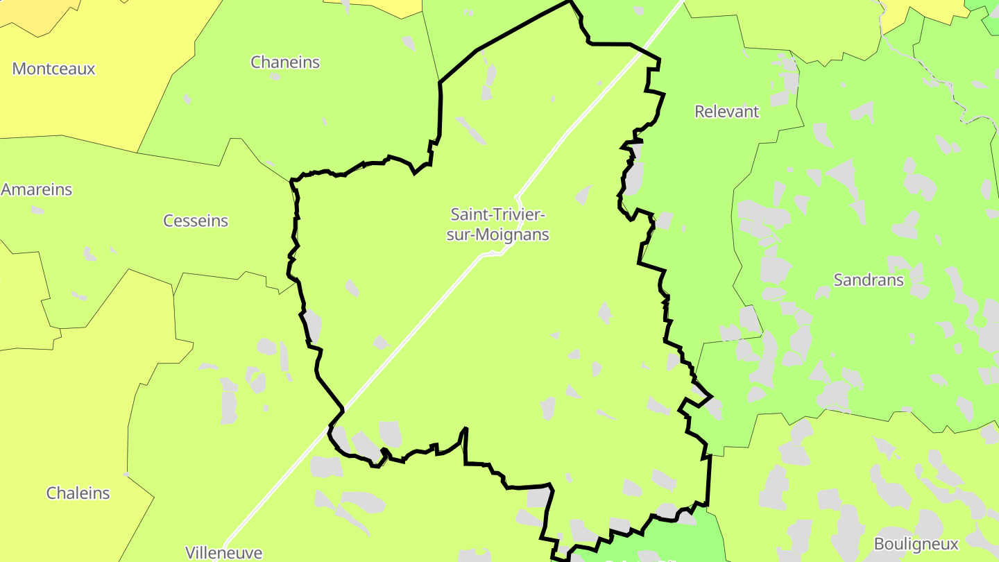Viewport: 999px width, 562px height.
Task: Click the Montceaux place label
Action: click(53, 69)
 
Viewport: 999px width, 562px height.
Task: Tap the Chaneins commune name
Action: click(285, 62)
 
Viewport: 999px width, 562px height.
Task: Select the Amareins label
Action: click(37, 189)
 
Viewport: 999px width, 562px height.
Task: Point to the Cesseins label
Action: click(196, 221)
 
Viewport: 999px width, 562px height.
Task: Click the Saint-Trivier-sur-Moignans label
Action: click(497, 224)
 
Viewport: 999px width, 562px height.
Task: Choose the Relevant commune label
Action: click(727, 111)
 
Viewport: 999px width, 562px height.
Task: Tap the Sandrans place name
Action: click(869, 280)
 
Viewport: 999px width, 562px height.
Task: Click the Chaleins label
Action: click(78, 493)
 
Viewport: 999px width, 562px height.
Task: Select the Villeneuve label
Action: click(223, 552)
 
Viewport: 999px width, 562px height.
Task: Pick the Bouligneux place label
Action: click(916, 543)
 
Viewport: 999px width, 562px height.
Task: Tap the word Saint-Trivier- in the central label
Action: click(497, 214)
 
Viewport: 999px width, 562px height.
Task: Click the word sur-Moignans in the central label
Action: click(497, 235)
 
